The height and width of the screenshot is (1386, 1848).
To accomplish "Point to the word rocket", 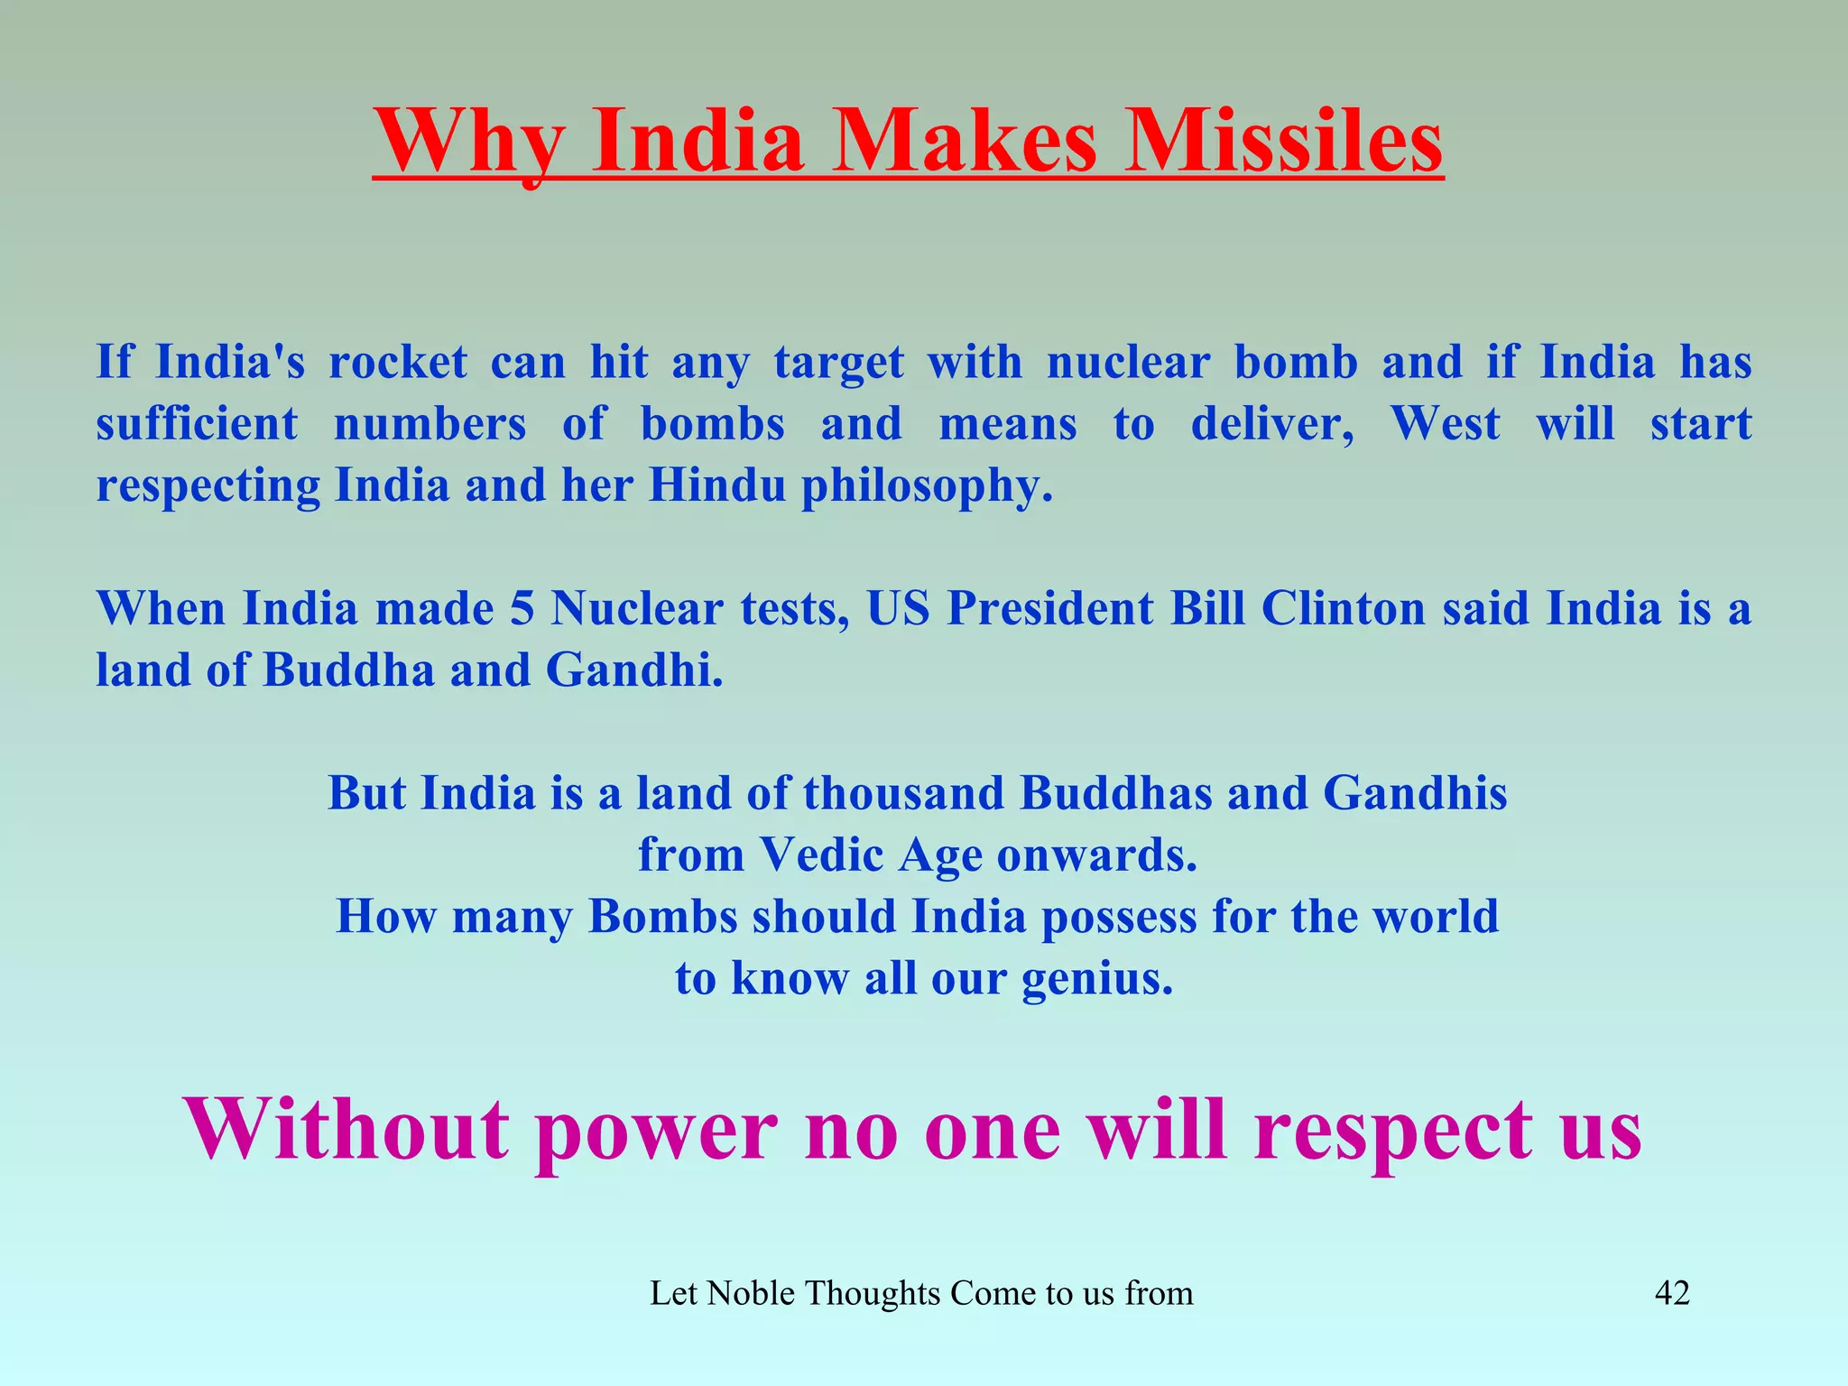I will coord(398,363).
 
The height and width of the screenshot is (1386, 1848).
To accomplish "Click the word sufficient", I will coord(197,424).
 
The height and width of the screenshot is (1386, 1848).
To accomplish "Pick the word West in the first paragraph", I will coord(1445,424).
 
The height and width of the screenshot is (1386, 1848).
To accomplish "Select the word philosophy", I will coord(927,487).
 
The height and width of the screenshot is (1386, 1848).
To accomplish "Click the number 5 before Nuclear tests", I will coord(522,609).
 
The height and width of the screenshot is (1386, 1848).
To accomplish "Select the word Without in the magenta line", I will coord(346,1130).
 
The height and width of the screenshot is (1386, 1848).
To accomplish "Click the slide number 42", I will coord(1672,1294).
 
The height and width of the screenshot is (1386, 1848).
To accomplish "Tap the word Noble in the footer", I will coord(751,1294).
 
